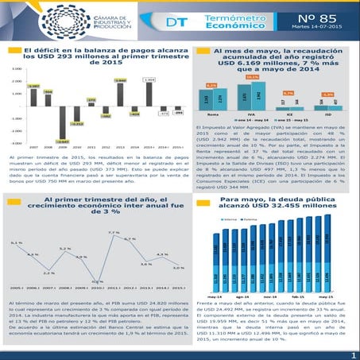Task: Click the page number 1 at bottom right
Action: (x=350, y=353)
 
